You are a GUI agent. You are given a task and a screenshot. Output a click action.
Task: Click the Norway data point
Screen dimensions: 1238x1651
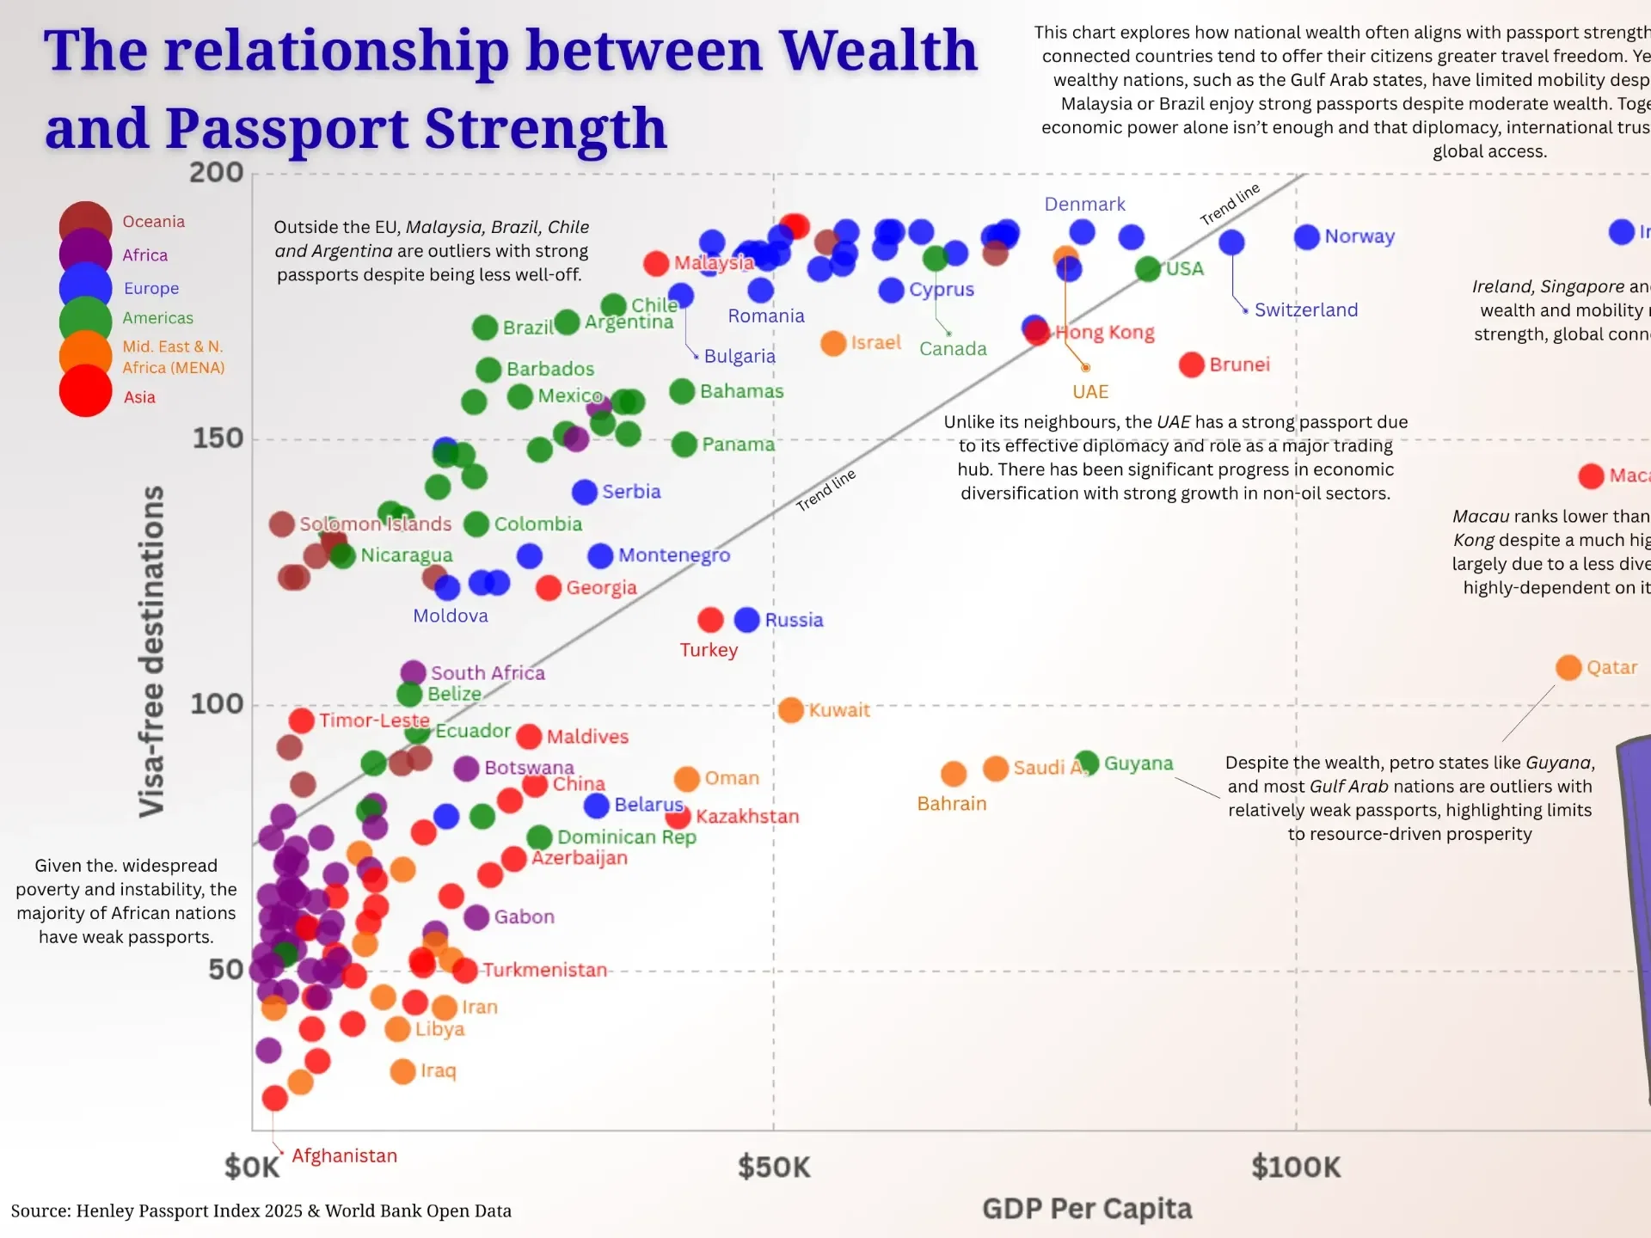click(x=1306, y=237)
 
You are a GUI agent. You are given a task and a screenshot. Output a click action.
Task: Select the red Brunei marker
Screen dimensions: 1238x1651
click(x=1191, y=365)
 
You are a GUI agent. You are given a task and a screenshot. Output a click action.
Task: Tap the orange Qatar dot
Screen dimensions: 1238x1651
click(x=1568, y=667)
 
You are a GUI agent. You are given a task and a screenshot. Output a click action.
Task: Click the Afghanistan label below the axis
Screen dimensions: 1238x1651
click(x=344, y=1155)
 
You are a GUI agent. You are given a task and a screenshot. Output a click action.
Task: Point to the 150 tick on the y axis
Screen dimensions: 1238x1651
click(x=218, y=438)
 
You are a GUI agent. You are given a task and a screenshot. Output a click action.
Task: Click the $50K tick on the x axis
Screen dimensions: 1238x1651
click(x=774, y=1167)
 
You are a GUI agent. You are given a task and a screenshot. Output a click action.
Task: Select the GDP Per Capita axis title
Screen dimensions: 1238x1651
click(x=1086, y=1208)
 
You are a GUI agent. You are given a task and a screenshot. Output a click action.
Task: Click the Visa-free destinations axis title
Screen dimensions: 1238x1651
click(x=152, y=651)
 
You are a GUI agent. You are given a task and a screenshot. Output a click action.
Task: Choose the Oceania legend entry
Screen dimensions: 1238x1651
click(x=153, y=222)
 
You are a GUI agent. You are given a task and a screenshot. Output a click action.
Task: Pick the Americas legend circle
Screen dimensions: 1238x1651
click(x=85, y=319)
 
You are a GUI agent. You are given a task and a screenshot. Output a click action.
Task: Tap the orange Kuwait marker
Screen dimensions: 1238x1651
click(x=790, y=710)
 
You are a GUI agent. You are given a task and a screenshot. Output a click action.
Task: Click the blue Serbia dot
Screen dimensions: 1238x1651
click(x=585, y=492)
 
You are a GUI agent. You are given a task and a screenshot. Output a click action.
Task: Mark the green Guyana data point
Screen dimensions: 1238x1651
click(x=1087, y=762)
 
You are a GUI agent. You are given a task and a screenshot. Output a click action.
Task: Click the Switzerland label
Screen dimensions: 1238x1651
click(x=1305, y=310)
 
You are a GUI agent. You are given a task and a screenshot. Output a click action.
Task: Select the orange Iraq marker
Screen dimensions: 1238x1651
click(x=402, y=1071)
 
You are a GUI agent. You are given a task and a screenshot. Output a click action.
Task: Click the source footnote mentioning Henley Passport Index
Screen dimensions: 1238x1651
click(x=261, y=1210)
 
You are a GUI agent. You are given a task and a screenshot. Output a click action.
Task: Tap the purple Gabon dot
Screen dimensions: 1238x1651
click(x=476, y=916)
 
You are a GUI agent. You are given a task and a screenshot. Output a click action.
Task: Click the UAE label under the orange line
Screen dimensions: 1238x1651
click(x=1089, y=392)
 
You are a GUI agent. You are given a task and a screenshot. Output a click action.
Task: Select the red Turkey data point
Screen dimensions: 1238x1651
click(x=710, y=620)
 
